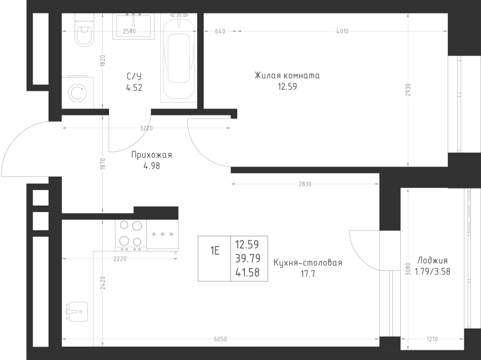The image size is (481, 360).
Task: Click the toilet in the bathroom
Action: coord(84,30)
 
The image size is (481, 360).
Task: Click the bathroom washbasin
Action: coord(133,26)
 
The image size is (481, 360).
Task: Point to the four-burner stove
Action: coord(131,235)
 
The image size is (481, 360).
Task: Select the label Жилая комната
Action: coord(287,75)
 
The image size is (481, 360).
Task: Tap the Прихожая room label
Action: coord(152,155)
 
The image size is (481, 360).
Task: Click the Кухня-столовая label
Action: coord(308,263)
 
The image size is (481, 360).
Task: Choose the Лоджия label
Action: coord(432,261)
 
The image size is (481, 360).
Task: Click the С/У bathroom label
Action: coord(134,76)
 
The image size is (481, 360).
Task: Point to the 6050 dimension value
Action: coord(220,339)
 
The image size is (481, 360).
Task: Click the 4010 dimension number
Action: coord(343,31)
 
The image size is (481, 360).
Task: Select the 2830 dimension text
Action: coord(305,184)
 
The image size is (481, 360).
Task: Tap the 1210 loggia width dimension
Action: coord(432,339)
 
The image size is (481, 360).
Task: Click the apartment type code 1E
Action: coord(215,251)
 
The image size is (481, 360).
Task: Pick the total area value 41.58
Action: coord(247,272)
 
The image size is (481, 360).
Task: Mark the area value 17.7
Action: coord(308,274)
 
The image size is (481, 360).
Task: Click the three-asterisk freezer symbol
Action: coord(162,234)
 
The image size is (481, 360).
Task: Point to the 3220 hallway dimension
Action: coord(146,128)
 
